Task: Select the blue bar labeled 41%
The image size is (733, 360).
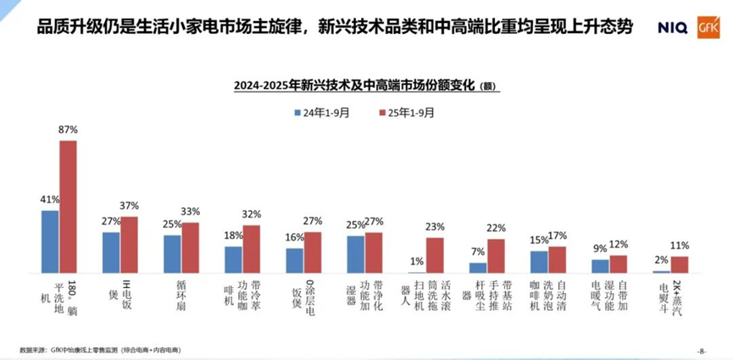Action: point(50,241)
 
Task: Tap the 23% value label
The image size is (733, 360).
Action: point(435,227)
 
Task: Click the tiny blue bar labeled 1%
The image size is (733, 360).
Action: point(416,271)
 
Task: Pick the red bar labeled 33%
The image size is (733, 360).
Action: point(190,247)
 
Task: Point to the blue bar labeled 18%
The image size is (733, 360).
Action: point(233,259)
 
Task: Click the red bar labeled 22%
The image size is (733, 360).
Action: point(496,256)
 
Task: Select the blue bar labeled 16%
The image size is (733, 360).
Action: point(294,260)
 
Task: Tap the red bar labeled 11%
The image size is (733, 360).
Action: point(679,264)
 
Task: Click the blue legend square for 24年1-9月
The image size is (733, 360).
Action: point(298,112)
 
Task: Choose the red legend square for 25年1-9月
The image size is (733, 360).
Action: point(383,112)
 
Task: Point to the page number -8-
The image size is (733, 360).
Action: point(701,350)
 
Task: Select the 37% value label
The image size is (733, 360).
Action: point(130,206)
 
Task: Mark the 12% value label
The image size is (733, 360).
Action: point(618,244)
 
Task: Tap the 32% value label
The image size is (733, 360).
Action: point(252,214)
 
